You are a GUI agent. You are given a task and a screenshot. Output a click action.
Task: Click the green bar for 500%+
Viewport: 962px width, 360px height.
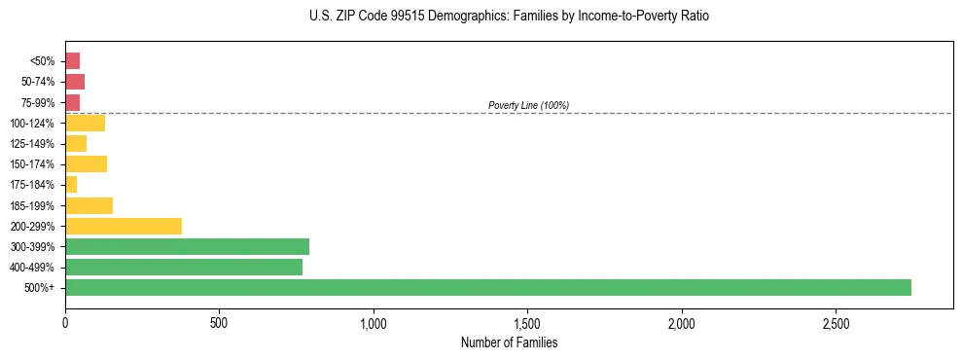pos(487,287)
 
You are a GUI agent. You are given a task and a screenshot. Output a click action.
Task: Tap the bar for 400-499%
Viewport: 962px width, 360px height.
pos(184,267)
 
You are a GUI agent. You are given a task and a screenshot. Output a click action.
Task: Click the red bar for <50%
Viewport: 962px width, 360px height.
pos(72,61)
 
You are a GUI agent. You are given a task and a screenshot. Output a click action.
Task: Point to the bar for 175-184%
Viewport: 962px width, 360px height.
pos(71,184)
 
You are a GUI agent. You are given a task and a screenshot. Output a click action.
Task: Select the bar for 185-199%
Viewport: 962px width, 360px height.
pos(89,205)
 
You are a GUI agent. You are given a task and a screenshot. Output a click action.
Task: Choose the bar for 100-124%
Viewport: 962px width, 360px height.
pos(85,123)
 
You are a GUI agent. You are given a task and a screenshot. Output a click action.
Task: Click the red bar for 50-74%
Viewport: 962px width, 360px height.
pos(75,82)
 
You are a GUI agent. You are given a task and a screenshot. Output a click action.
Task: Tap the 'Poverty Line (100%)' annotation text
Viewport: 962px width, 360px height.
pos(528,105)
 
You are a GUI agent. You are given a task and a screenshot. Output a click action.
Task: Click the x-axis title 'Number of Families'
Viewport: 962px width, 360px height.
pos(509,342)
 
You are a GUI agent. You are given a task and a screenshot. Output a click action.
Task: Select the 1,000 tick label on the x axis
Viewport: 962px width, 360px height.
pos(374,322)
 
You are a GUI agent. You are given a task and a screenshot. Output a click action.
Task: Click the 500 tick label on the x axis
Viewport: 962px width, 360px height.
pos(219,322)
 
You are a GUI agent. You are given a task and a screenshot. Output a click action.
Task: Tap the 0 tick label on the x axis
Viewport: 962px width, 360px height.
pos(65,322)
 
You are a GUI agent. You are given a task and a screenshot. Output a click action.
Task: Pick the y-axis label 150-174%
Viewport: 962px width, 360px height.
pos(33,164)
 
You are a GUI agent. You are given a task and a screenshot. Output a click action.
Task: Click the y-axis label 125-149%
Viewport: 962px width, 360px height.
pos(33,144)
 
